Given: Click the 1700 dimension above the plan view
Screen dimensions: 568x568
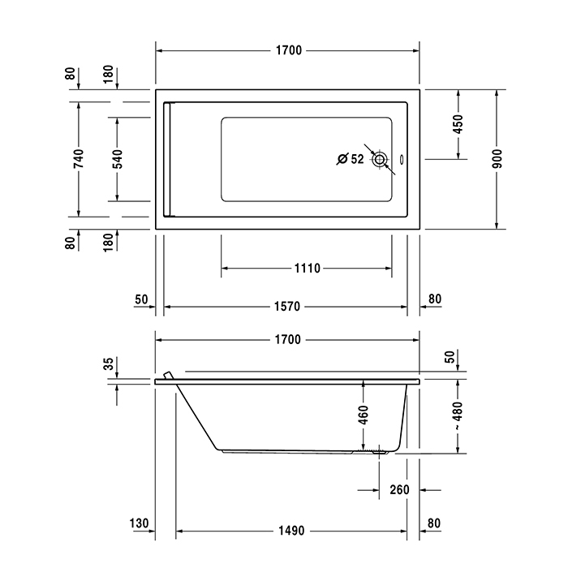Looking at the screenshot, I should pos(288,50).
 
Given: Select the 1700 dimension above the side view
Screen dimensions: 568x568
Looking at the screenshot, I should pos(288,339).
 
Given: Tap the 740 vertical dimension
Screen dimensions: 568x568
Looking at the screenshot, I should pos(79,158).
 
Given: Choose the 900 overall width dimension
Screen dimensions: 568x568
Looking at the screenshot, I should pos(497,158).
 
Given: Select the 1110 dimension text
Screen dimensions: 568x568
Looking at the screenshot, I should pos(307,269).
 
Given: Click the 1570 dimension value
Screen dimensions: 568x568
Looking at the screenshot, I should pos(288,306).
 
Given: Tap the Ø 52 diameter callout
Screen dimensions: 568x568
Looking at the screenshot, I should pos(351,160).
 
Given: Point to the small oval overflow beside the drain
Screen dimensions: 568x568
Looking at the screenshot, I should pos(406,160).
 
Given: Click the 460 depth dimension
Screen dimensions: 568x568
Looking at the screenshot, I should pos(364,415).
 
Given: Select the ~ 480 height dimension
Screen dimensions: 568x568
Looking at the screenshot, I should pos(458,415).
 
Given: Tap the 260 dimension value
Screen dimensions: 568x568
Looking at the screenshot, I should pos(398,490).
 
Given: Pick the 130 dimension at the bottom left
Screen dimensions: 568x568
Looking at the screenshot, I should pos(139,523).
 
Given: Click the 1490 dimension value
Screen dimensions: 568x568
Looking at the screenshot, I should pos(288,531).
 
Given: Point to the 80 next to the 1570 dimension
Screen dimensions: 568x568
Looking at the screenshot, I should pos(434,299).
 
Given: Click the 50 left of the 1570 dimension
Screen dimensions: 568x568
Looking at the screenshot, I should pos(141,299).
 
